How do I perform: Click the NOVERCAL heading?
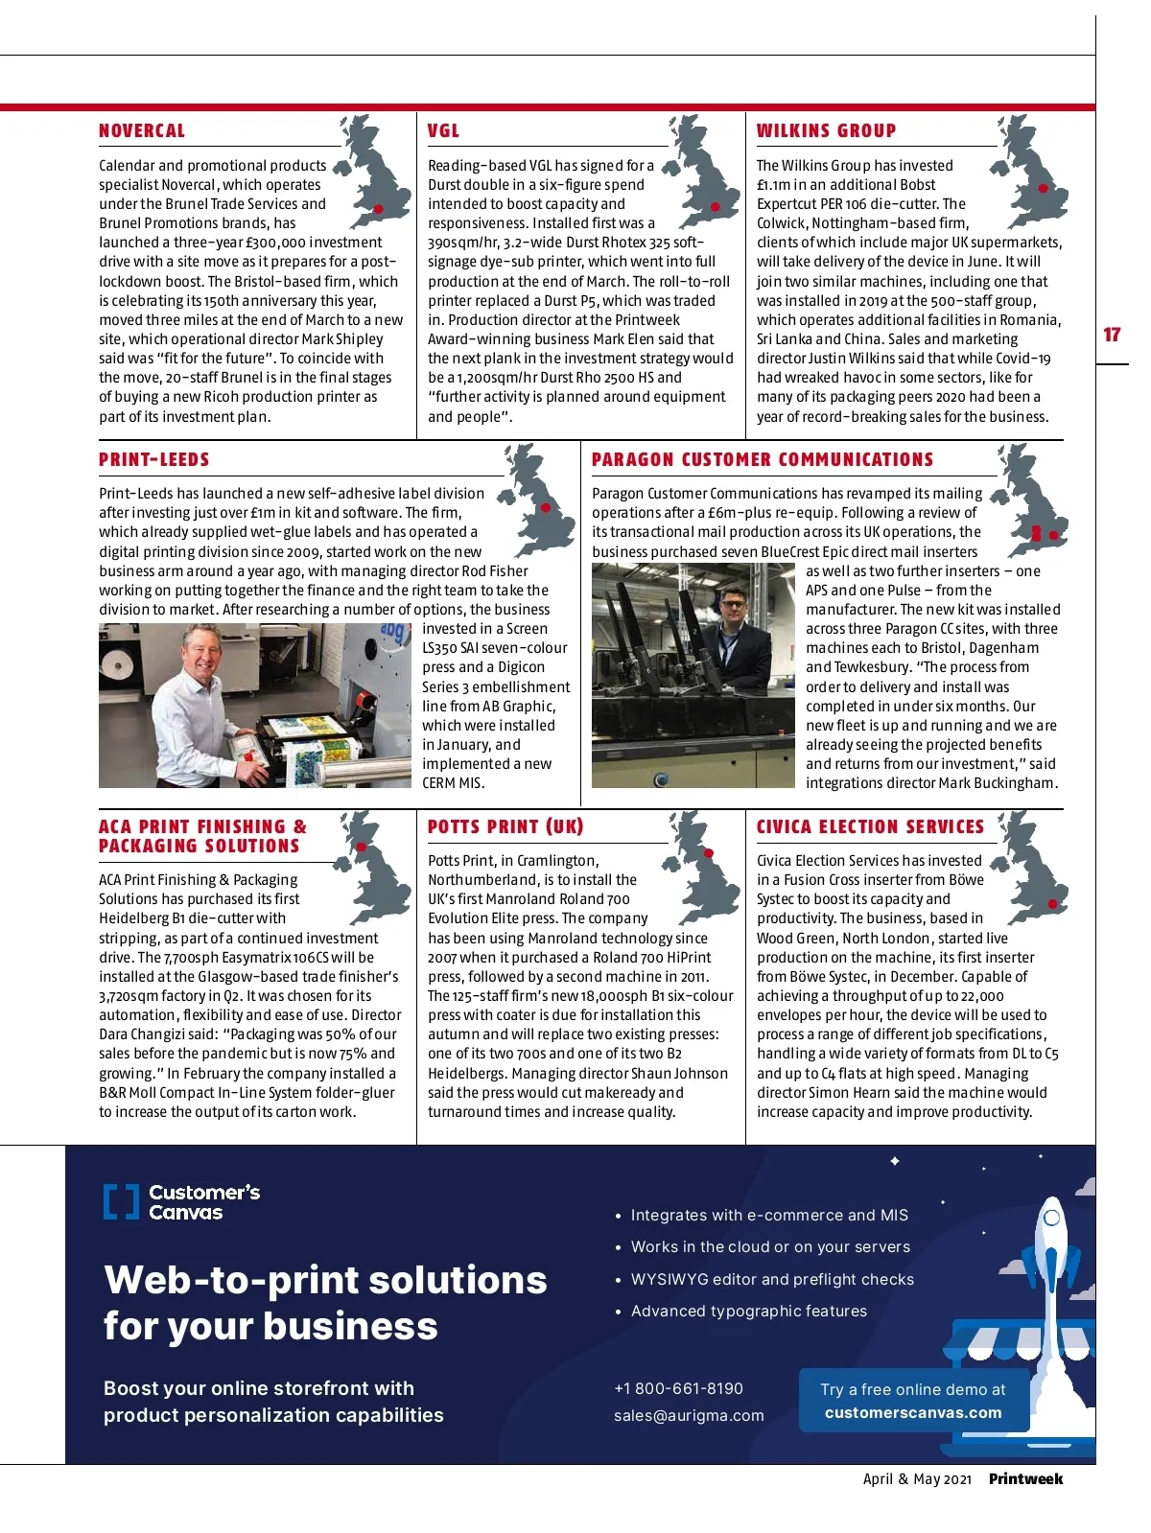[x=142, y=131]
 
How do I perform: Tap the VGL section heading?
[x=443, y=131]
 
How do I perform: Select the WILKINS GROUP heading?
[x=826, y=131]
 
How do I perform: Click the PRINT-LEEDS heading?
[x=153, y=460]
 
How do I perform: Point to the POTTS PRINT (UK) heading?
[x=505, y=827]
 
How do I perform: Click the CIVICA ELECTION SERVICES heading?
[x=870, y=827]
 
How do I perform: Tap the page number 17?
[x=1112, y=335]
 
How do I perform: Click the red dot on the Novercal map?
[x=379, y=209]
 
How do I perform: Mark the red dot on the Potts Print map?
[x=709, y=852]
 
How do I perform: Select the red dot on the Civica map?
[x=1052, y=904]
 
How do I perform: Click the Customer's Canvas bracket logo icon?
[x=121, y=1202]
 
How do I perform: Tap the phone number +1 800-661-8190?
[x=678, y=1388]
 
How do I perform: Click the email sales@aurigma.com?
[x=689, y=1415]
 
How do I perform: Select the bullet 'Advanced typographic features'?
[x=748, y=1311]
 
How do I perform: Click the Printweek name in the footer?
[x=1025, y=1478]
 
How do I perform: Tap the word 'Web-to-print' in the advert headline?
[x=229, y=1280]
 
